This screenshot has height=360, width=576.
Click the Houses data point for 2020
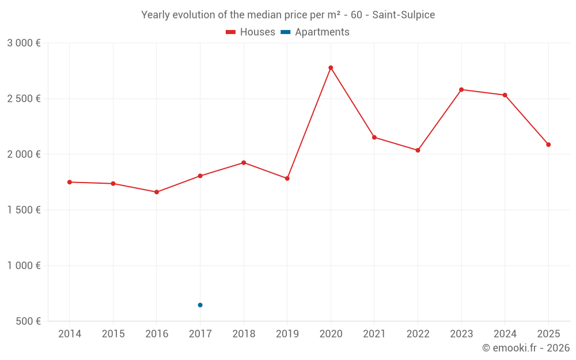tap(331, 68)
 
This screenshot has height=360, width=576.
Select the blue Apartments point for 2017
tap(200, 305)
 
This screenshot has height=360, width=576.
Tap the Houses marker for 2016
tap(157, 192)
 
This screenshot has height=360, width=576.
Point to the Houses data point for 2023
tap(461, 90)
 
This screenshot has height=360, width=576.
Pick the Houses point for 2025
tap(548, 145)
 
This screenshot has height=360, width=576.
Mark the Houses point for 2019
tap(287, 179)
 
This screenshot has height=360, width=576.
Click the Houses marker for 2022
tap(418, 150)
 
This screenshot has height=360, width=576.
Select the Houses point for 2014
tap(70, 182)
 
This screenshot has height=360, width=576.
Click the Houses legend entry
tap(251, 32)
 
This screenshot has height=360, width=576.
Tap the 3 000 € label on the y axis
tap(24, 43)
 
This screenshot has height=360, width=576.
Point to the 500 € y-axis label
tap(28, 321)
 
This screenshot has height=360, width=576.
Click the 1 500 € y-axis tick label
tap(24, 210)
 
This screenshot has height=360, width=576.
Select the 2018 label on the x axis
tap(244, 334)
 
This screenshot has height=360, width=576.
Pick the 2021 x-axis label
tap(374, 334)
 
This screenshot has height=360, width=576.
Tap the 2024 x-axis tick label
tap(505, 334)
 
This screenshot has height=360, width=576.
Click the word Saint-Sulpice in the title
tap(403, 14)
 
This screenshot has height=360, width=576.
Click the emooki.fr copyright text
tap(525, 348)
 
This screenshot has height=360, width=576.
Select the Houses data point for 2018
tap(244, 162)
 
